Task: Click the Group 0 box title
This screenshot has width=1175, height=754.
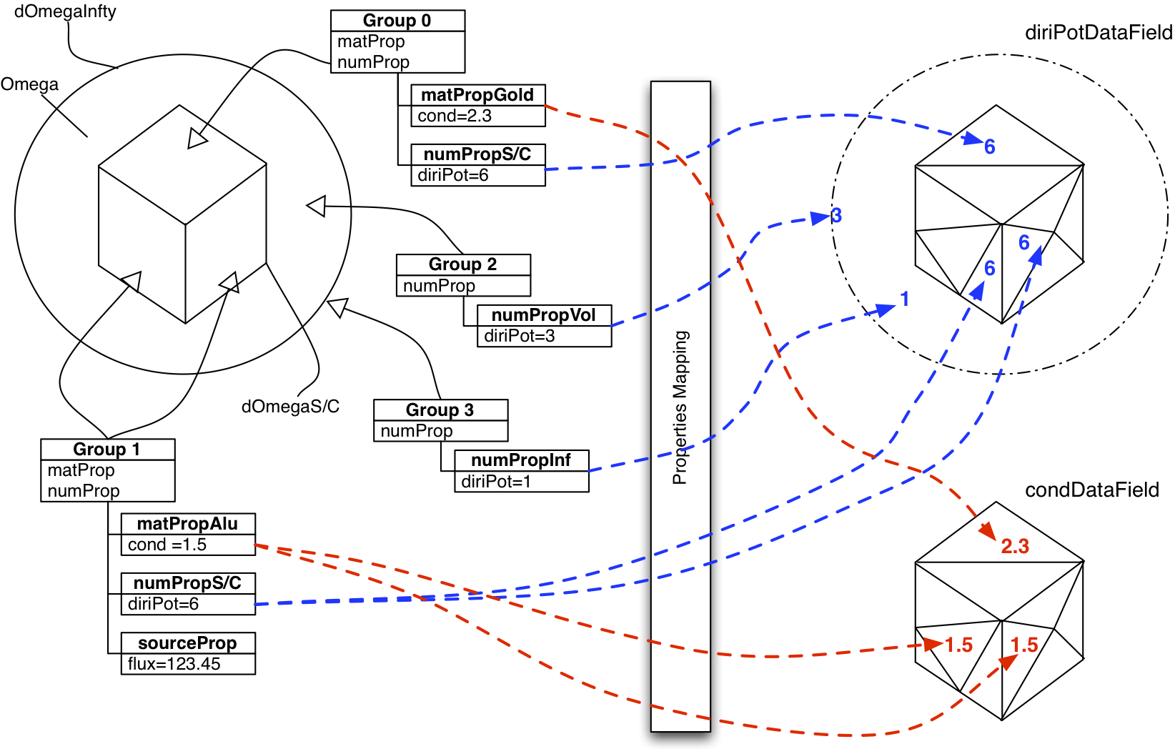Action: [397, 21]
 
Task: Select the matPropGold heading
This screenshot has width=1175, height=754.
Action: [477, 95]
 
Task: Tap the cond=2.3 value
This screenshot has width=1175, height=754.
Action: [455, 116]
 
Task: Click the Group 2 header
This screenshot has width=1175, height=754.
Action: [462, 264]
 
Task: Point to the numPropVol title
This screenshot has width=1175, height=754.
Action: [543, 315]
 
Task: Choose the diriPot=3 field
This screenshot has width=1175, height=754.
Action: [520, 336]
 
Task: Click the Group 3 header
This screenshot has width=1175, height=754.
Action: [440, 410]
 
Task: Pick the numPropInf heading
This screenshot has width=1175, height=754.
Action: [521, 460]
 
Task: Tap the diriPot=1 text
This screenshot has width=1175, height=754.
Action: [496, 482]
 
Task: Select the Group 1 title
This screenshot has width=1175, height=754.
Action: [106, 450]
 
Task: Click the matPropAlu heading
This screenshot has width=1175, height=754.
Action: [187, 524]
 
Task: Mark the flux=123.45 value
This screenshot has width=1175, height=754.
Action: [174, 664]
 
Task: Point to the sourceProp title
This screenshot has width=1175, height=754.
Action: [187, 643]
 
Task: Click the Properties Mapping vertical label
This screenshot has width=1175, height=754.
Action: [680, 407]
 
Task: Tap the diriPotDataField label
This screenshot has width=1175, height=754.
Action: [1099, 33]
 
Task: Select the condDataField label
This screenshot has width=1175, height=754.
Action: [1092, 490]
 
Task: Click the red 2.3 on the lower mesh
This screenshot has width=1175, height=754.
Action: [1015, 547]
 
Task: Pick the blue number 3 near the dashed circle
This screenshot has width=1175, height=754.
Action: [836, 216]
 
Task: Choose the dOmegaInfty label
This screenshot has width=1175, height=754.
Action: [65, 12]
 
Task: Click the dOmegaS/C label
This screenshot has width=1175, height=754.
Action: [290, 407]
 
